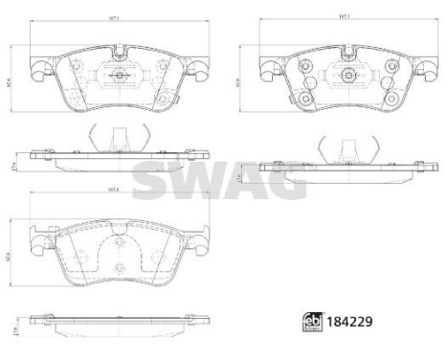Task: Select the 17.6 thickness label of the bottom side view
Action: click(x=8, y=329)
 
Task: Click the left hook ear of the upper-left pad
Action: click(x=36, y=68)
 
